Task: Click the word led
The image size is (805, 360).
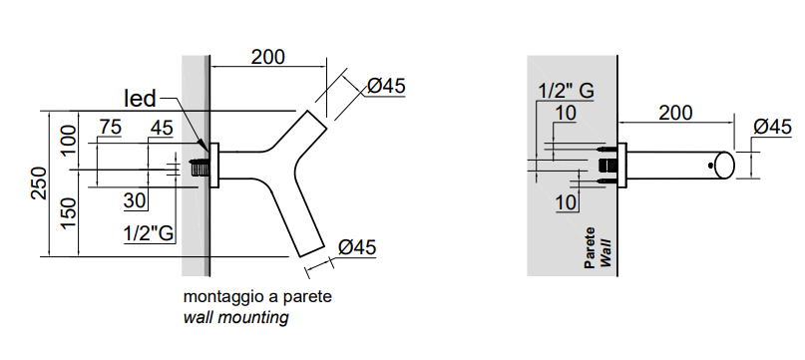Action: [x=141, y=98]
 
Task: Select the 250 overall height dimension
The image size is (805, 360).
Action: [x=40, y=183]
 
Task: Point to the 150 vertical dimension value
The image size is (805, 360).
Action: [x=69, y=214]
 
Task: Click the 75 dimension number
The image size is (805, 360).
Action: [x=111, y=128]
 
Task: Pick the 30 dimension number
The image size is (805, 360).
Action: [x=135, y=200]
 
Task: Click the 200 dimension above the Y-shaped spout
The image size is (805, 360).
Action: [x=267, y=57]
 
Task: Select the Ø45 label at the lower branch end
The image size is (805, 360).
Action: [x=357, y=247]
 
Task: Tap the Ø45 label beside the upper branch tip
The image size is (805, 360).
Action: [x=387, y=86]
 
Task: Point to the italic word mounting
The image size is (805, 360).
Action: [x=253, y=317]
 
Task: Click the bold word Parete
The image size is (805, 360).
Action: [x=591, y=248]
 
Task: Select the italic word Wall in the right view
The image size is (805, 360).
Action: [x=605, y=252]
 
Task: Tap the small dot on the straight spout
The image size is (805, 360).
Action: [x=710, y=166]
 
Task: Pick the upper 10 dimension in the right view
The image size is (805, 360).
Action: [x=566, y=114]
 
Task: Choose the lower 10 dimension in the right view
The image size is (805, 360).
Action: [x=566, y=202]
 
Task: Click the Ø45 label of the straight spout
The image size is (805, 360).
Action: [x=773, y=127]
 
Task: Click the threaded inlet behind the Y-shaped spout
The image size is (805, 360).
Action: [x=199, y=168]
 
